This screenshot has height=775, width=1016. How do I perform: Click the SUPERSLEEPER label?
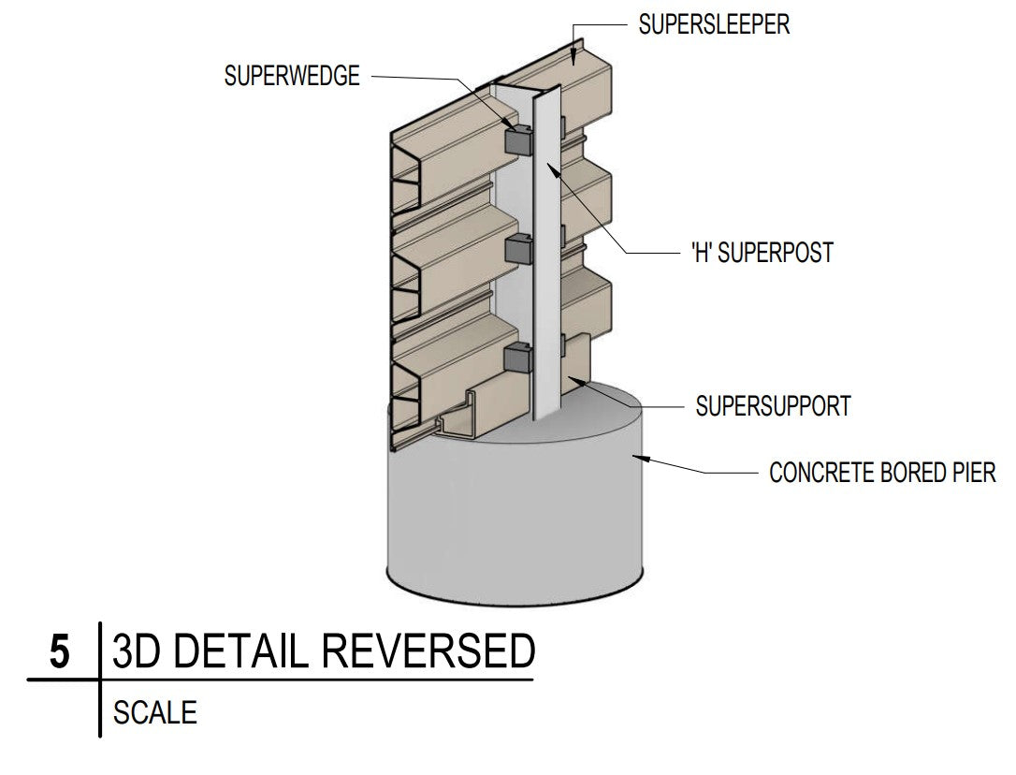pos(714,24)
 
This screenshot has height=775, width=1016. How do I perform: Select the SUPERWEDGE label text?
pos(292,76)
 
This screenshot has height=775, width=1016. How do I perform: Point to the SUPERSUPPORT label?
pos(774,406)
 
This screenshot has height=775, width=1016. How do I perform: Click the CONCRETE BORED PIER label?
pos(882,473)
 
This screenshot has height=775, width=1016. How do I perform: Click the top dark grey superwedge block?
pos(517,140)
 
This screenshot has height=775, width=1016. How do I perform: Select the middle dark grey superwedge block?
pos(517,250)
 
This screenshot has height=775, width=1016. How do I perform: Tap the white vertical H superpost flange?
pos(545,262)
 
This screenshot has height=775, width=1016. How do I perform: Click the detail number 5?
pos(59,652)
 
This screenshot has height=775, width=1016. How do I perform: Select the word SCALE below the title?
pos(155,713)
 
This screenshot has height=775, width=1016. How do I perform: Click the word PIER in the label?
pos(970,473)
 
